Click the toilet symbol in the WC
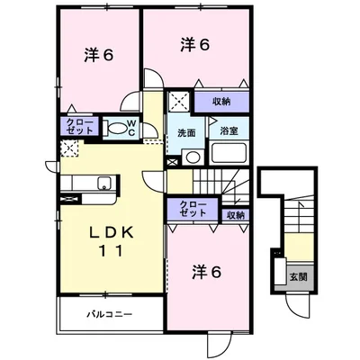113,129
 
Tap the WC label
131,128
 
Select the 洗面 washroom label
186,133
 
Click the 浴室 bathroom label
229,131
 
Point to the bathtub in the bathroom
229,153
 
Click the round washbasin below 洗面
193,157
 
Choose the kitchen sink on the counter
104,183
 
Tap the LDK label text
112,232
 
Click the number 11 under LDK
112,251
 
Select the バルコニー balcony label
110,315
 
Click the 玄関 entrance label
298,276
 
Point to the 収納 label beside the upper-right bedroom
221,102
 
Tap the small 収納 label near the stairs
236,215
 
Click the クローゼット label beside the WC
79,126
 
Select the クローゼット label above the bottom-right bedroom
193,209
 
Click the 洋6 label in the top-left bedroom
99,55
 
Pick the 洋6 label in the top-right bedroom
195,45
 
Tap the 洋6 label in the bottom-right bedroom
207,272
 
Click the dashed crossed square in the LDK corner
69,148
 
